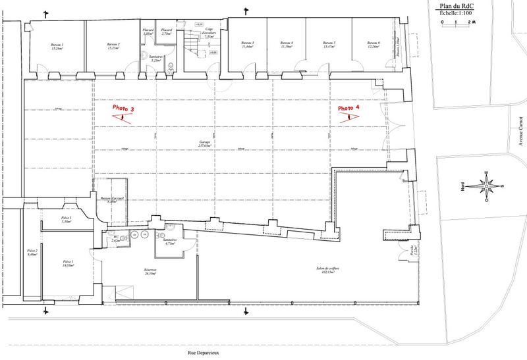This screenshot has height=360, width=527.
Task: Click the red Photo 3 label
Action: [123, 108]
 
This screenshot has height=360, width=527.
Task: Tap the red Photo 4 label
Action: [349, 108]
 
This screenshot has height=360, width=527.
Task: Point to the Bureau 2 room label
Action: [113, 46]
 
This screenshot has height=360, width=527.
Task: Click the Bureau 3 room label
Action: [248, 45]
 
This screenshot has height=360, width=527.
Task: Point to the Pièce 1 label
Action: [69, 264]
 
